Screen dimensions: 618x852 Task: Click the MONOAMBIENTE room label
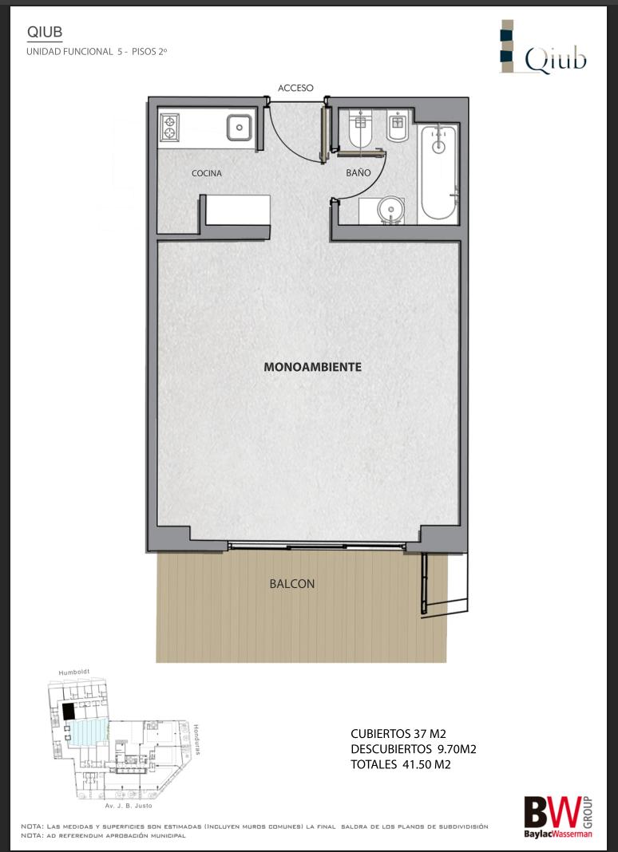(x=312, y=367)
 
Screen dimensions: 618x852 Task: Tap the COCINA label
(x=207, y=173)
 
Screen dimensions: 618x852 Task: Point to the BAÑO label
(x=359, y=173)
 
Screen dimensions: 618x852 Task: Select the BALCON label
(x=292, y=584)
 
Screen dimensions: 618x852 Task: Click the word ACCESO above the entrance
(x=295, y=88)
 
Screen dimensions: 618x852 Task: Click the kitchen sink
(x=239, y=128)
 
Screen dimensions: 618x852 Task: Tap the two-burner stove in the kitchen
(x=170, y=127)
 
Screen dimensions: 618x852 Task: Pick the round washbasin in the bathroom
(x=390, y=209)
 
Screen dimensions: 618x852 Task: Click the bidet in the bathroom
(x=398, y=127)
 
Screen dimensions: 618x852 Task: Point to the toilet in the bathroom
(x=360, y=128)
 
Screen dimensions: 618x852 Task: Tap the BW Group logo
(x=558, y=817)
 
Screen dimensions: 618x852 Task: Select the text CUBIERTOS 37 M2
(x=398, y=734)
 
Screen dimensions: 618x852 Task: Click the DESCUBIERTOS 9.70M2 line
(x=414, y=749)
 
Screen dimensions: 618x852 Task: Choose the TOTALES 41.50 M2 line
(x=400, y=764)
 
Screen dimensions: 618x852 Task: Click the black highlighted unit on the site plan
(x=68, y=712)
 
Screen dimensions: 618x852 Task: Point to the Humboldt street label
(x=74, y=673)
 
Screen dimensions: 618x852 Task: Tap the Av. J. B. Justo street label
(x=129, y=805)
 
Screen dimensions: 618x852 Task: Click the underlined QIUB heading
(x=45, y=32)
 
